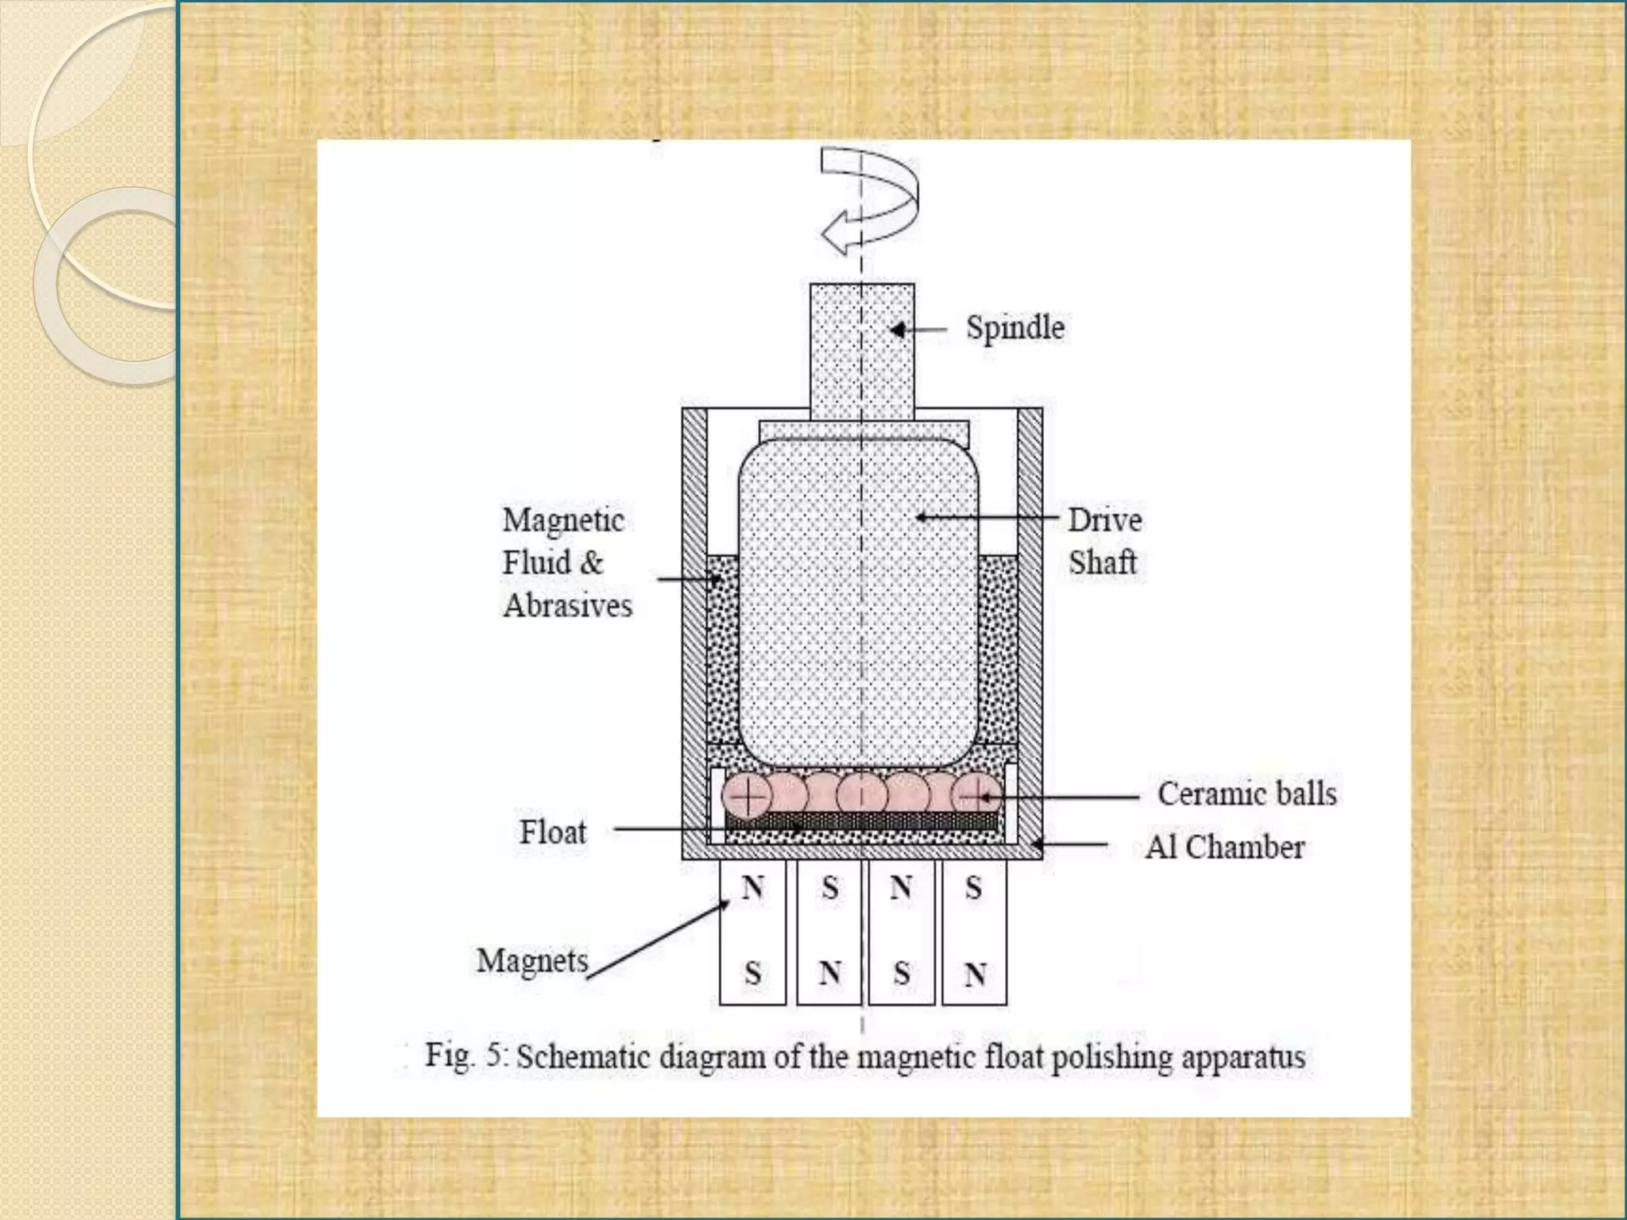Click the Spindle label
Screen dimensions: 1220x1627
pos(1014,327)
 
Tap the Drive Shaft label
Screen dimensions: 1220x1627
pos(1104,541)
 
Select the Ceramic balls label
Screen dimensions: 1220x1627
pos(1246,793)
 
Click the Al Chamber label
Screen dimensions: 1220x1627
pos(1224,847)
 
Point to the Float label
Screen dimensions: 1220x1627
pos(552,832)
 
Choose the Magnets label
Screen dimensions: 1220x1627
pos(532,960)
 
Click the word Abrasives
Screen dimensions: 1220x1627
pos(567,606)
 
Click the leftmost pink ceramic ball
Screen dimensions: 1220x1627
pos(747,795)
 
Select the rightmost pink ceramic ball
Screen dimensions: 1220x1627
pos(976,794)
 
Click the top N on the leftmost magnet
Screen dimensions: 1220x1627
pos(752,887)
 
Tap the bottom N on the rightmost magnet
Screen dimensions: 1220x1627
pos(975,974)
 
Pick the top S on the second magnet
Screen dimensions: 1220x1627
pos(829,888)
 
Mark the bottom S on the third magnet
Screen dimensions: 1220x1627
pos(901,974)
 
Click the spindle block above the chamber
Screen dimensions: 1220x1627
pos(862,349)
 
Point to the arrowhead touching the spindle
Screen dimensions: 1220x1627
pos(898,329)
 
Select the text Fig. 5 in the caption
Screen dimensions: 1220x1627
pos(466,1056)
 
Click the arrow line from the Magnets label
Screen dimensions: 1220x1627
pos(658,940)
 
